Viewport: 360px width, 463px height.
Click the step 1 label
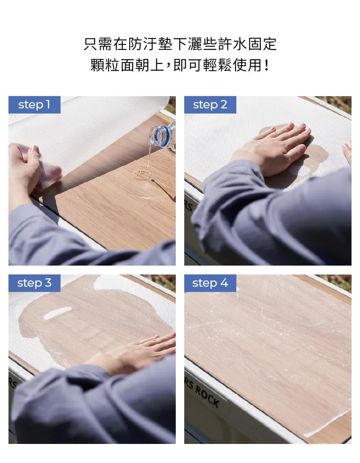pos(34,105)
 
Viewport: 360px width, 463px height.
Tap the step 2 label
pos(210,105)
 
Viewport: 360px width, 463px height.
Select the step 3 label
pos(34,283)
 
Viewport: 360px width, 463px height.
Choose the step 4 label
pos(210,283)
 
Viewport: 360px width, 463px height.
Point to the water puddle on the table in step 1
pos(143,174)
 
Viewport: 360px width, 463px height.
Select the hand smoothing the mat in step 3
pos(140,352)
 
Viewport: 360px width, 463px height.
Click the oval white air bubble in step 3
pos(57,313)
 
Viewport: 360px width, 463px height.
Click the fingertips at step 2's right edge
pos(347,152)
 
